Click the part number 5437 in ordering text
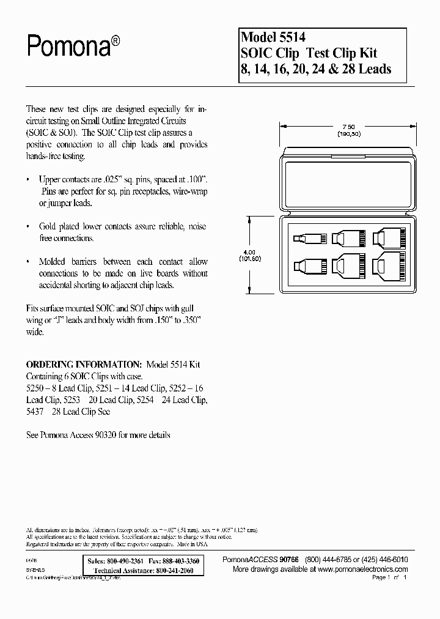pos(35,412)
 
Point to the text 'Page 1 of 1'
pos(389,577)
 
